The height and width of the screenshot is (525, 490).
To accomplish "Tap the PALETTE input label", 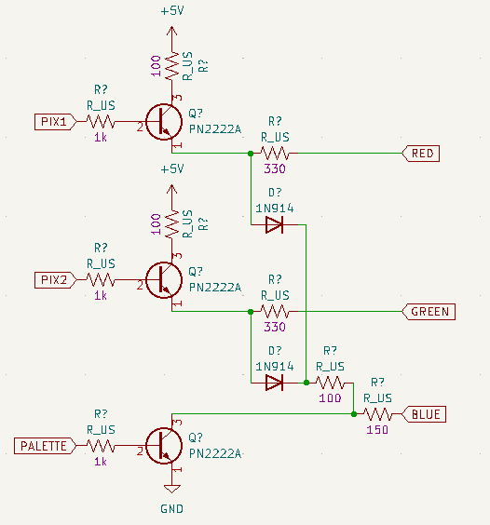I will point(43,446).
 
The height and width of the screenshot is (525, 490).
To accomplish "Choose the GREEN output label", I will point(429,312).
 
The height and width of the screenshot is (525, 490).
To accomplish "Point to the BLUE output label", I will point(426,414).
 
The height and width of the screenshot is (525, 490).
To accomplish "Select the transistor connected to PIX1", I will point(165,122).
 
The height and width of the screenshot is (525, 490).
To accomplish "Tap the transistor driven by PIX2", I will point(165,280).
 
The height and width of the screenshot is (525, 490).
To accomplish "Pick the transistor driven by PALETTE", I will point(165,446).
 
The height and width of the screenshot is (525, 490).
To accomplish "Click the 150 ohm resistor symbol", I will point(377,414).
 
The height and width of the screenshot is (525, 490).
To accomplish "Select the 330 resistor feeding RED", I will point(275,154).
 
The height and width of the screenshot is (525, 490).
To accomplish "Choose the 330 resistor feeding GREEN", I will point(275,312).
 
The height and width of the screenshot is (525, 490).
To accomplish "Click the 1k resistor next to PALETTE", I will point(101,446).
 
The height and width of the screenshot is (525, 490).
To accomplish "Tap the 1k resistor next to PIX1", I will point(101,122).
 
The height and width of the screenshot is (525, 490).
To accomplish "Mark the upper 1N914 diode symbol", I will point(275,224).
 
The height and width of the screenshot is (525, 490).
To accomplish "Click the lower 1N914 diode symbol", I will point(275,382).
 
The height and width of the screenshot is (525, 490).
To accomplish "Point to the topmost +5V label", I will point(171,12).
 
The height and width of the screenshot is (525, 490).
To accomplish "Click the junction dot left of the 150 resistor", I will point(354,414).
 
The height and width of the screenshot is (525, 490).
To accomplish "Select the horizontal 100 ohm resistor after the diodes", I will point(330,382).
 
